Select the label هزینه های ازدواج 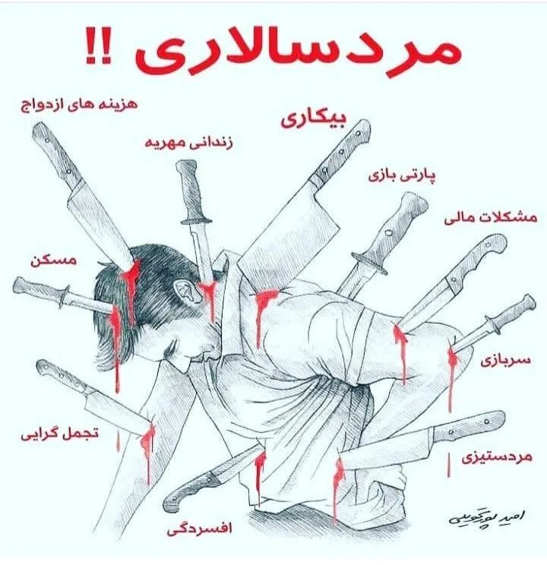(79, 105)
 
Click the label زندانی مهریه (189, 143)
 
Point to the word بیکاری (313, 119)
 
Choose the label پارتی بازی (402, 175)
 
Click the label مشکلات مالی (491, 218)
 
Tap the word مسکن (53, 260)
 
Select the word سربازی (505, 360)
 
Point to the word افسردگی (199, 529)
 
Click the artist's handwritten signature (486, 517)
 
